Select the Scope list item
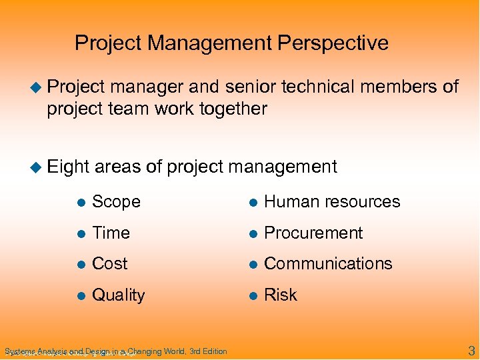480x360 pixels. (116, 202)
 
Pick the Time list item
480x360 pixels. (111, 233)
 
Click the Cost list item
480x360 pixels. (109, 264)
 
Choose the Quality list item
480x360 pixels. (118, 295)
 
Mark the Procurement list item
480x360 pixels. (313, 233)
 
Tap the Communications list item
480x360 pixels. (328, 264)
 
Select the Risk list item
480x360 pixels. (281, 295)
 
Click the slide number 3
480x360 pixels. (471, 351)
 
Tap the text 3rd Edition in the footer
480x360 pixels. (208, 351)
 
